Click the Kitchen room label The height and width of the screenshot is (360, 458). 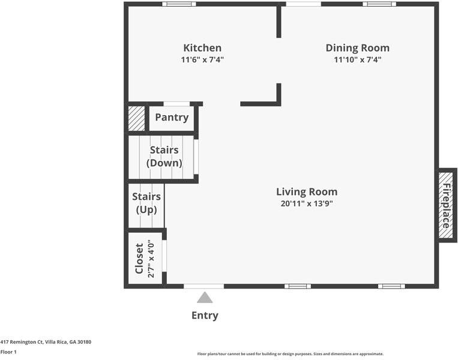202,48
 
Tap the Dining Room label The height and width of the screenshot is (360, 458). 358,48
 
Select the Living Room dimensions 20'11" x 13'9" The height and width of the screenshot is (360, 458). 307,203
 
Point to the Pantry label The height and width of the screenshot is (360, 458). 172,118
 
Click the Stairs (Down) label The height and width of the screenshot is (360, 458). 164,157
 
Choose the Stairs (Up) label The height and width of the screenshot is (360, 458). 146,203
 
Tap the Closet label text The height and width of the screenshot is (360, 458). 139,259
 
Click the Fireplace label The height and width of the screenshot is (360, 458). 446,206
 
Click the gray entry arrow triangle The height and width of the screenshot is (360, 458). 205,298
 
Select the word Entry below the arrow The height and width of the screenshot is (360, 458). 205,316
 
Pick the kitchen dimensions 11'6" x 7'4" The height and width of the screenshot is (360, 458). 202,60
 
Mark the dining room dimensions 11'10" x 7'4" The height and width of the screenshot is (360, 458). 358,60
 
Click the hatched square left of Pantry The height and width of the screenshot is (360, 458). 137,118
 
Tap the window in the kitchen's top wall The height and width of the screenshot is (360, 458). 179,4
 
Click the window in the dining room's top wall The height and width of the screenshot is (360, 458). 379,4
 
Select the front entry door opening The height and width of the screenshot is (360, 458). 204,286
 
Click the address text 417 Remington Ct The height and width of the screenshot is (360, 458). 22,342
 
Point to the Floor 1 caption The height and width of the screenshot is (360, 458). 8,352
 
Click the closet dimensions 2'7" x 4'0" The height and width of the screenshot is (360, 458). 151,259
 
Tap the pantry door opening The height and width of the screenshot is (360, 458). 176,104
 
